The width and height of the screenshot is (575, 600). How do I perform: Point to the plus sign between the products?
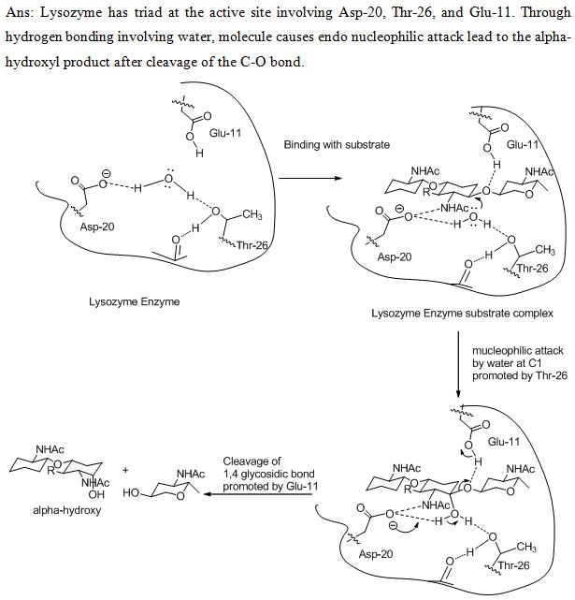(126, 471)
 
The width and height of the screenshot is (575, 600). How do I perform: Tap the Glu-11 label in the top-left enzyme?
(224, 134)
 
